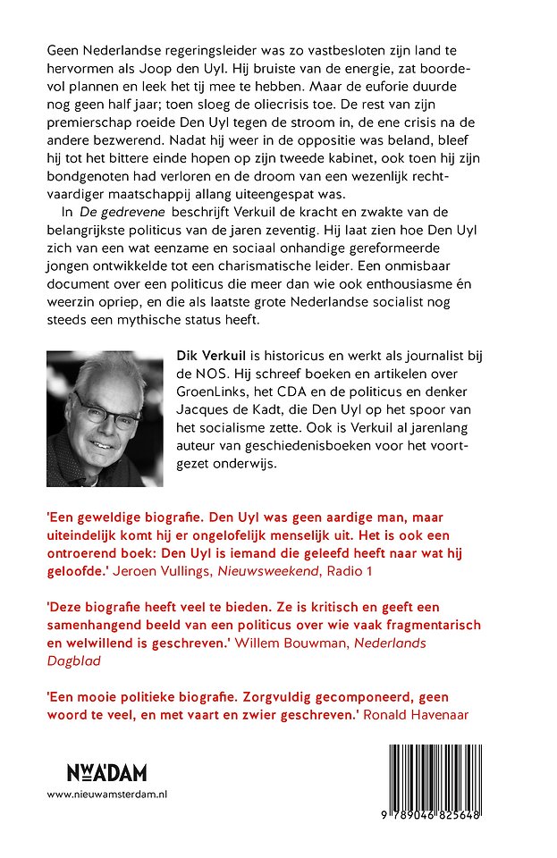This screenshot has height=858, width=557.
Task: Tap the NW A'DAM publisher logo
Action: point(106,773)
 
